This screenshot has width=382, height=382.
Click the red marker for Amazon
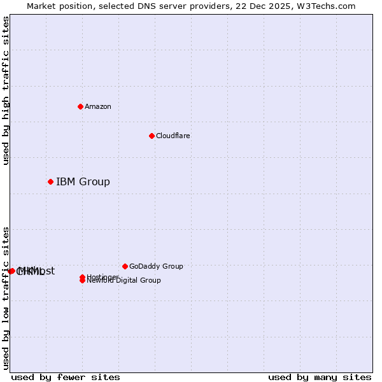pyautogui.click(x=80, y=106)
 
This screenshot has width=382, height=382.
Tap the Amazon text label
pyautogui.click(x=97, y=106)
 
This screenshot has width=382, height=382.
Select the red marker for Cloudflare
pyautogui.click(x=152, y=136)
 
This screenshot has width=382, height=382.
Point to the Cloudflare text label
pyautogui.click(x=173, y=136)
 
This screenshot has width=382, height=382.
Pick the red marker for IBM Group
pyautogui.click(x=50, y=182)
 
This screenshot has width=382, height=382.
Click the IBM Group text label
pyautogui.click(x=83, y=182)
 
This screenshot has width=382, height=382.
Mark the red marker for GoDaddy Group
pyautogui.click(x=125, y=266)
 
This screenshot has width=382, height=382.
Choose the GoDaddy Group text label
pyautogui.click(x=156, y=266)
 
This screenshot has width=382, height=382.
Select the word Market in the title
pyautogui.click(x=41, y=6)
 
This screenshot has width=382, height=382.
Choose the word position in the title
pyautogui.click(x=76, y=6)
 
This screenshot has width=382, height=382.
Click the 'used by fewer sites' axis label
pyautogui.click(x=66, y=377)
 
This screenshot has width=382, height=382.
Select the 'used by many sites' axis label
pyautogui.click(x=319, y=377)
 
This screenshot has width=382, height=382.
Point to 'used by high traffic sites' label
pyautogui.click(x=6, y=90)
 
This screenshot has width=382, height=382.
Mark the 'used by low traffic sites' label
pyautogui.click(x=6, y=297)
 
